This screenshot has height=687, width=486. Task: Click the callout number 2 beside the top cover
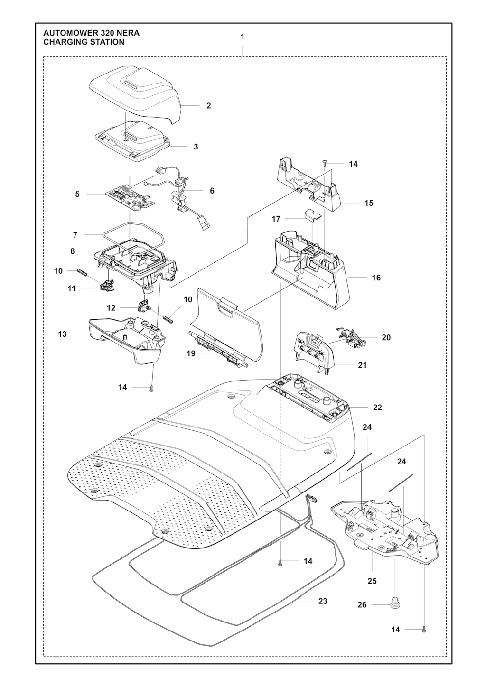tap(209, 106)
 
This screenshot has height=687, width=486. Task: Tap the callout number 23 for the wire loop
tap(323, 601)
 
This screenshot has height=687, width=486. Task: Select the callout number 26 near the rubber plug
tap(362, 605)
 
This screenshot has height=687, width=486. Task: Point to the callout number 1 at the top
tap(243, 37)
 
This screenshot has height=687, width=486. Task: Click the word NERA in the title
tap(128, 34)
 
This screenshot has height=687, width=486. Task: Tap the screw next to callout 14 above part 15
tap(325, 163)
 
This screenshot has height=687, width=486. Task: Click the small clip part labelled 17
tap(311, 214)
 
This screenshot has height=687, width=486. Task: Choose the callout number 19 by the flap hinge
tap(191, 353)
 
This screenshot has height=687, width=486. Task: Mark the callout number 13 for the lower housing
tap(63, 334)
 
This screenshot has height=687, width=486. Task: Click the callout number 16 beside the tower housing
tap(376, 278)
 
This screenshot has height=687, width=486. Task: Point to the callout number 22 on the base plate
tap(377, 407)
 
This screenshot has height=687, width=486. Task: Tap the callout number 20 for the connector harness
tap(386, 337)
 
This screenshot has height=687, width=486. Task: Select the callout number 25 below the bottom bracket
tap(372, 581)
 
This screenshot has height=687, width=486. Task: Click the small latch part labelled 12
tap(143, 306)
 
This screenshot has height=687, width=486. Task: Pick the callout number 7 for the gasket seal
tap(75, 235)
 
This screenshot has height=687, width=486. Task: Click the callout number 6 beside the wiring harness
tap(212, 191)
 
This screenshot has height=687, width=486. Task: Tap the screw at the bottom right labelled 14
tap(424, 630)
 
